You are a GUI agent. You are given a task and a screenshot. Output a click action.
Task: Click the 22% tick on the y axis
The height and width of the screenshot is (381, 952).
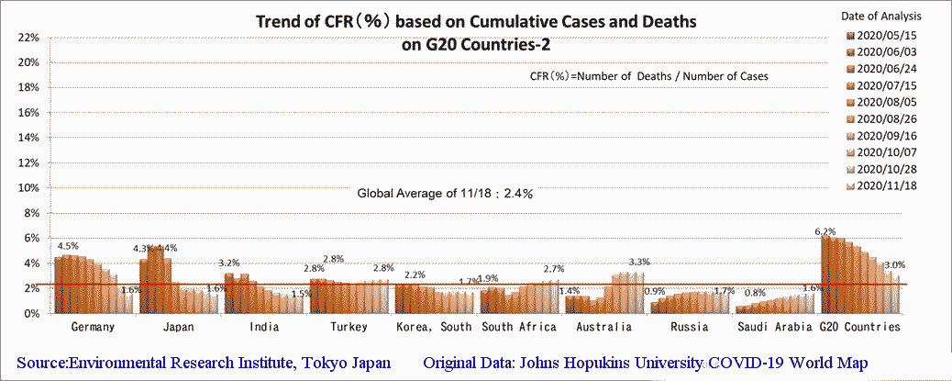(x=26, y=38)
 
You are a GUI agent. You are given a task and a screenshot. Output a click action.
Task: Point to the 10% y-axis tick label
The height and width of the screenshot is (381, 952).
(x=26, y=188)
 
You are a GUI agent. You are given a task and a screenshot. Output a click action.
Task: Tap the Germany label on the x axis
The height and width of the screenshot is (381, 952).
(x=92, y=327)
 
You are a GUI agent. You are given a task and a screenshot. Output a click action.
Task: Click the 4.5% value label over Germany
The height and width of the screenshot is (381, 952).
(x=68, y=246)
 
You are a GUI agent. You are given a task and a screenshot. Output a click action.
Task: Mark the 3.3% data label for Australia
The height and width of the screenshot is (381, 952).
(x=639, y=263)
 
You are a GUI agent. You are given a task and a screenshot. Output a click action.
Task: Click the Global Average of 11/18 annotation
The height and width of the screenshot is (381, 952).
(x=446, y=194)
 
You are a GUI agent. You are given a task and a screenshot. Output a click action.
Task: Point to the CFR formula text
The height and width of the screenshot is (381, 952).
(x=648, y=76)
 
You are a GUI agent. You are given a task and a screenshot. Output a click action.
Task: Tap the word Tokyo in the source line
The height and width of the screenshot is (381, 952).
(x=320, y=363)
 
